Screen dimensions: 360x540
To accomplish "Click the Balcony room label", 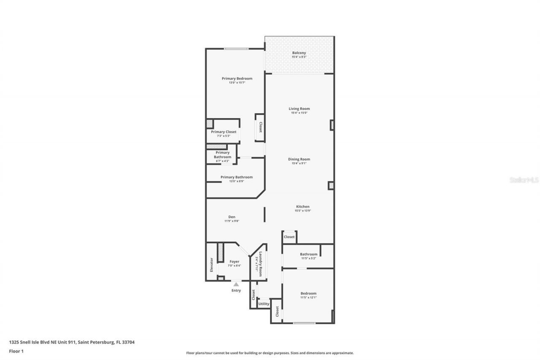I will [299, 53].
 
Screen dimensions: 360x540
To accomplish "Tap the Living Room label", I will [299, 109].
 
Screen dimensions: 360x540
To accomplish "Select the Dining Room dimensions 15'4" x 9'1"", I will [299, 163].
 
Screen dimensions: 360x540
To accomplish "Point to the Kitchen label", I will [302, 207].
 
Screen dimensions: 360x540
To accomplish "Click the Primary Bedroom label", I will [237, 78].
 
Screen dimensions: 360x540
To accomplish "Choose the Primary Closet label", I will [224, 132].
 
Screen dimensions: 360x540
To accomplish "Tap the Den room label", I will [232, 217].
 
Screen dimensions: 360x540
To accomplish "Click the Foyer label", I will [234, 262].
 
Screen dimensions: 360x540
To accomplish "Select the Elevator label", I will [211, 265].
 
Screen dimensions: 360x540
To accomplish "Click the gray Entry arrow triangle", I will [236, 284].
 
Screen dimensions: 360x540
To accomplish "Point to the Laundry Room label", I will [261, 264].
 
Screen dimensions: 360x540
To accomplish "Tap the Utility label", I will [264, 303].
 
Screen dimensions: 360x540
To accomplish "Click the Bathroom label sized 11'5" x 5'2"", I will [308, 254].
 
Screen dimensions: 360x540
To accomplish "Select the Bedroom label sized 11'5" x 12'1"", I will [308, 293].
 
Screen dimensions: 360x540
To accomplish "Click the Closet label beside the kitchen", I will [289, 237].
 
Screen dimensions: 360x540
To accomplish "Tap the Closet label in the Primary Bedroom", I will [260, 127].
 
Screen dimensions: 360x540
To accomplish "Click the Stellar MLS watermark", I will [524, 180].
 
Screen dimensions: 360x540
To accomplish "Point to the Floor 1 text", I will [16, 351].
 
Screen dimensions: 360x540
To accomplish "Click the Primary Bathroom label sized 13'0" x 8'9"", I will [236, 177].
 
